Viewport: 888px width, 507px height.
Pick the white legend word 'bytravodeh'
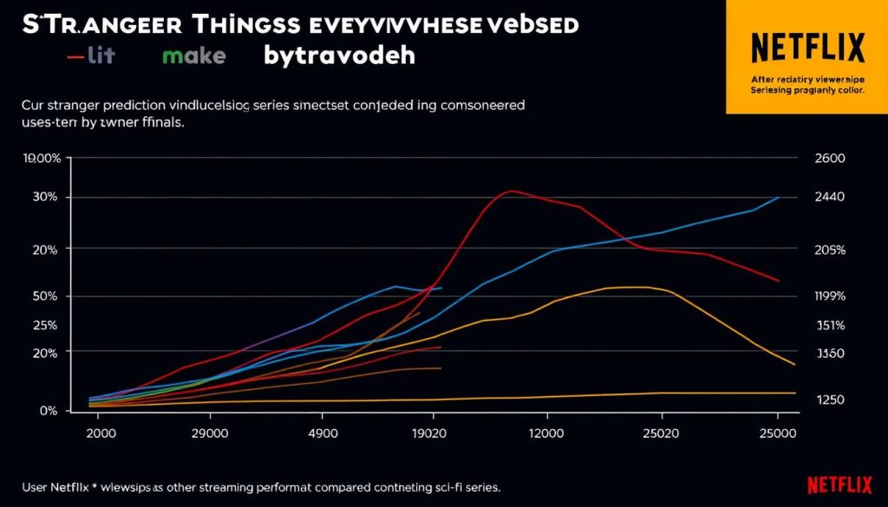(x=340, y=56)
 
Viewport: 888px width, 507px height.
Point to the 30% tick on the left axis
(x=44, y=198)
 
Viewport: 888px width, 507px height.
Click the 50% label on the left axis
(x=44, y=296)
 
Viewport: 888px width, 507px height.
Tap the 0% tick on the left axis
(x=49, y=411)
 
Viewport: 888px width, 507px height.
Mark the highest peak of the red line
(x=512, y=191)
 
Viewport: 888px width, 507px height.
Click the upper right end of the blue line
(x=779, y=198)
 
